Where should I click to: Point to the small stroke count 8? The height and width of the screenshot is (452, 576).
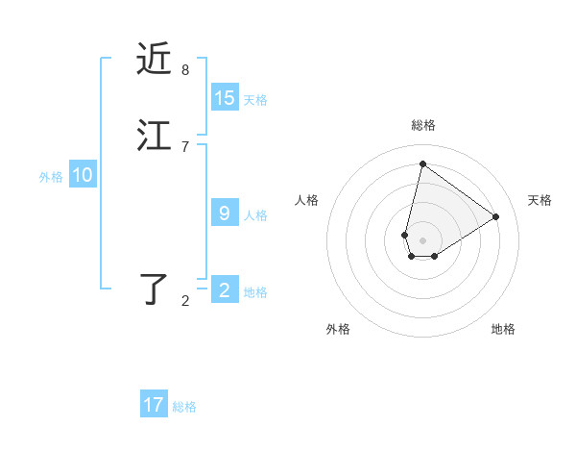(185, 70)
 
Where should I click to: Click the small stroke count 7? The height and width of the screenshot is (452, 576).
(185, 146)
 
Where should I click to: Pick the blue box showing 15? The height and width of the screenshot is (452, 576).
(225, 98)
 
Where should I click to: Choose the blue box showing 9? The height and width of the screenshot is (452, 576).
(225, 213)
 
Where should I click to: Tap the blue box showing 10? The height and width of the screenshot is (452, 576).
(83, 175)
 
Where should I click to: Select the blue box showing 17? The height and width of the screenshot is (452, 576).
(154, 405)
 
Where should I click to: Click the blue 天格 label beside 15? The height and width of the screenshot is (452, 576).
(255, 100)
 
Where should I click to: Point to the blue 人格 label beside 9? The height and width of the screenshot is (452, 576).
(255, 215)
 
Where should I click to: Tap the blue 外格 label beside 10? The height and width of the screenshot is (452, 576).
(51, 177)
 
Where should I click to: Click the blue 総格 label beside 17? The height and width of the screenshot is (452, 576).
(184, 407)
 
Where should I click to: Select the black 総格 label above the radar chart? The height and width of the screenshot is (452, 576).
(423, 125)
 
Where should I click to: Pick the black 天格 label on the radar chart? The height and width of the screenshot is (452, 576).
(540, 200)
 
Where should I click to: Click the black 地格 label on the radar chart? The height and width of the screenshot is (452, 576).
(503, 329)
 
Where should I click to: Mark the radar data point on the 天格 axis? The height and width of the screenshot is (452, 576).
(496, 216)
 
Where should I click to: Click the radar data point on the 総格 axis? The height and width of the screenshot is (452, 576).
(422, 163)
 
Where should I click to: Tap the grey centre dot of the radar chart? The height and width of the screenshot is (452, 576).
(422, 239)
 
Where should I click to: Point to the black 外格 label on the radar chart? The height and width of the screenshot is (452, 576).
(338, 329)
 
